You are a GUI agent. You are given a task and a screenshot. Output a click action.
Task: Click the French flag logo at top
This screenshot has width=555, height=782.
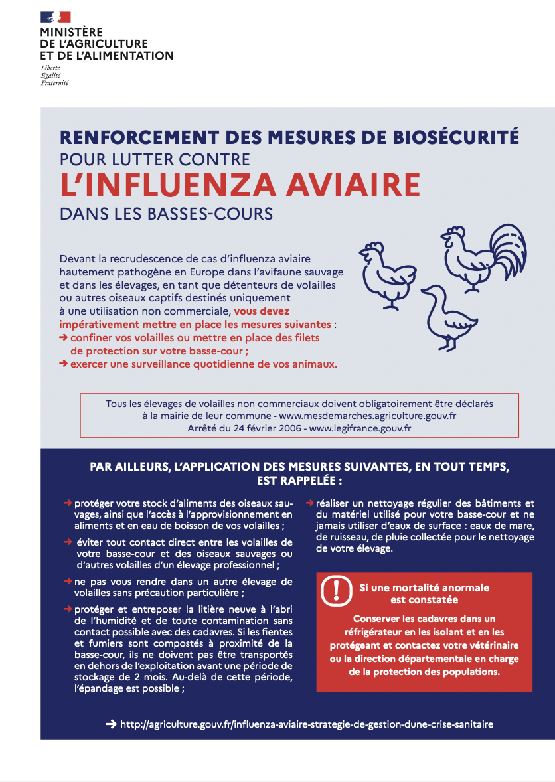pos(55,17)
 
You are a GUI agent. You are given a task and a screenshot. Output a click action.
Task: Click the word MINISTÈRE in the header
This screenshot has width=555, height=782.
pos(71,32)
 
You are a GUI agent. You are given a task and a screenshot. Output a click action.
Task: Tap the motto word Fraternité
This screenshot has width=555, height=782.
pos(54,83)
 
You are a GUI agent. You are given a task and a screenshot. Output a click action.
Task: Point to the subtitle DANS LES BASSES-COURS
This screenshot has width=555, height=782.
pos(166,214)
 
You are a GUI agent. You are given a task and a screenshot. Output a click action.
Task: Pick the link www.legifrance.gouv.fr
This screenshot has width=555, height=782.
pos(360,428)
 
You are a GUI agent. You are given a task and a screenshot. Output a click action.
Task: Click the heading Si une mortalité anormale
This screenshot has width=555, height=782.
pos(424,587)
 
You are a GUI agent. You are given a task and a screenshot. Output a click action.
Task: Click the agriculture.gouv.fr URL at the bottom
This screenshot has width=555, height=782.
pos(306,724)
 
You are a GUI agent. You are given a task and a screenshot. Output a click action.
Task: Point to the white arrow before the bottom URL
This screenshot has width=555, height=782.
pos(112,724)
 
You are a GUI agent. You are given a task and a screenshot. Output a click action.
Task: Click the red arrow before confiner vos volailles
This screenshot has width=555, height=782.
pos(64,337)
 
